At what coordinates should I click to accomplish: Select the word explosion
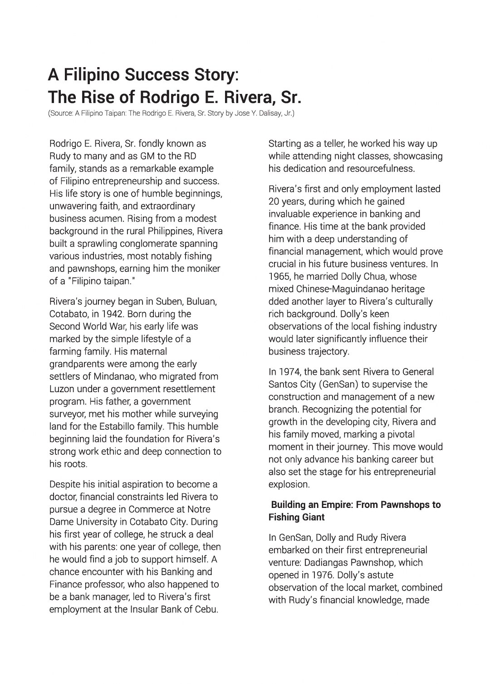tap(289, 484)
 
